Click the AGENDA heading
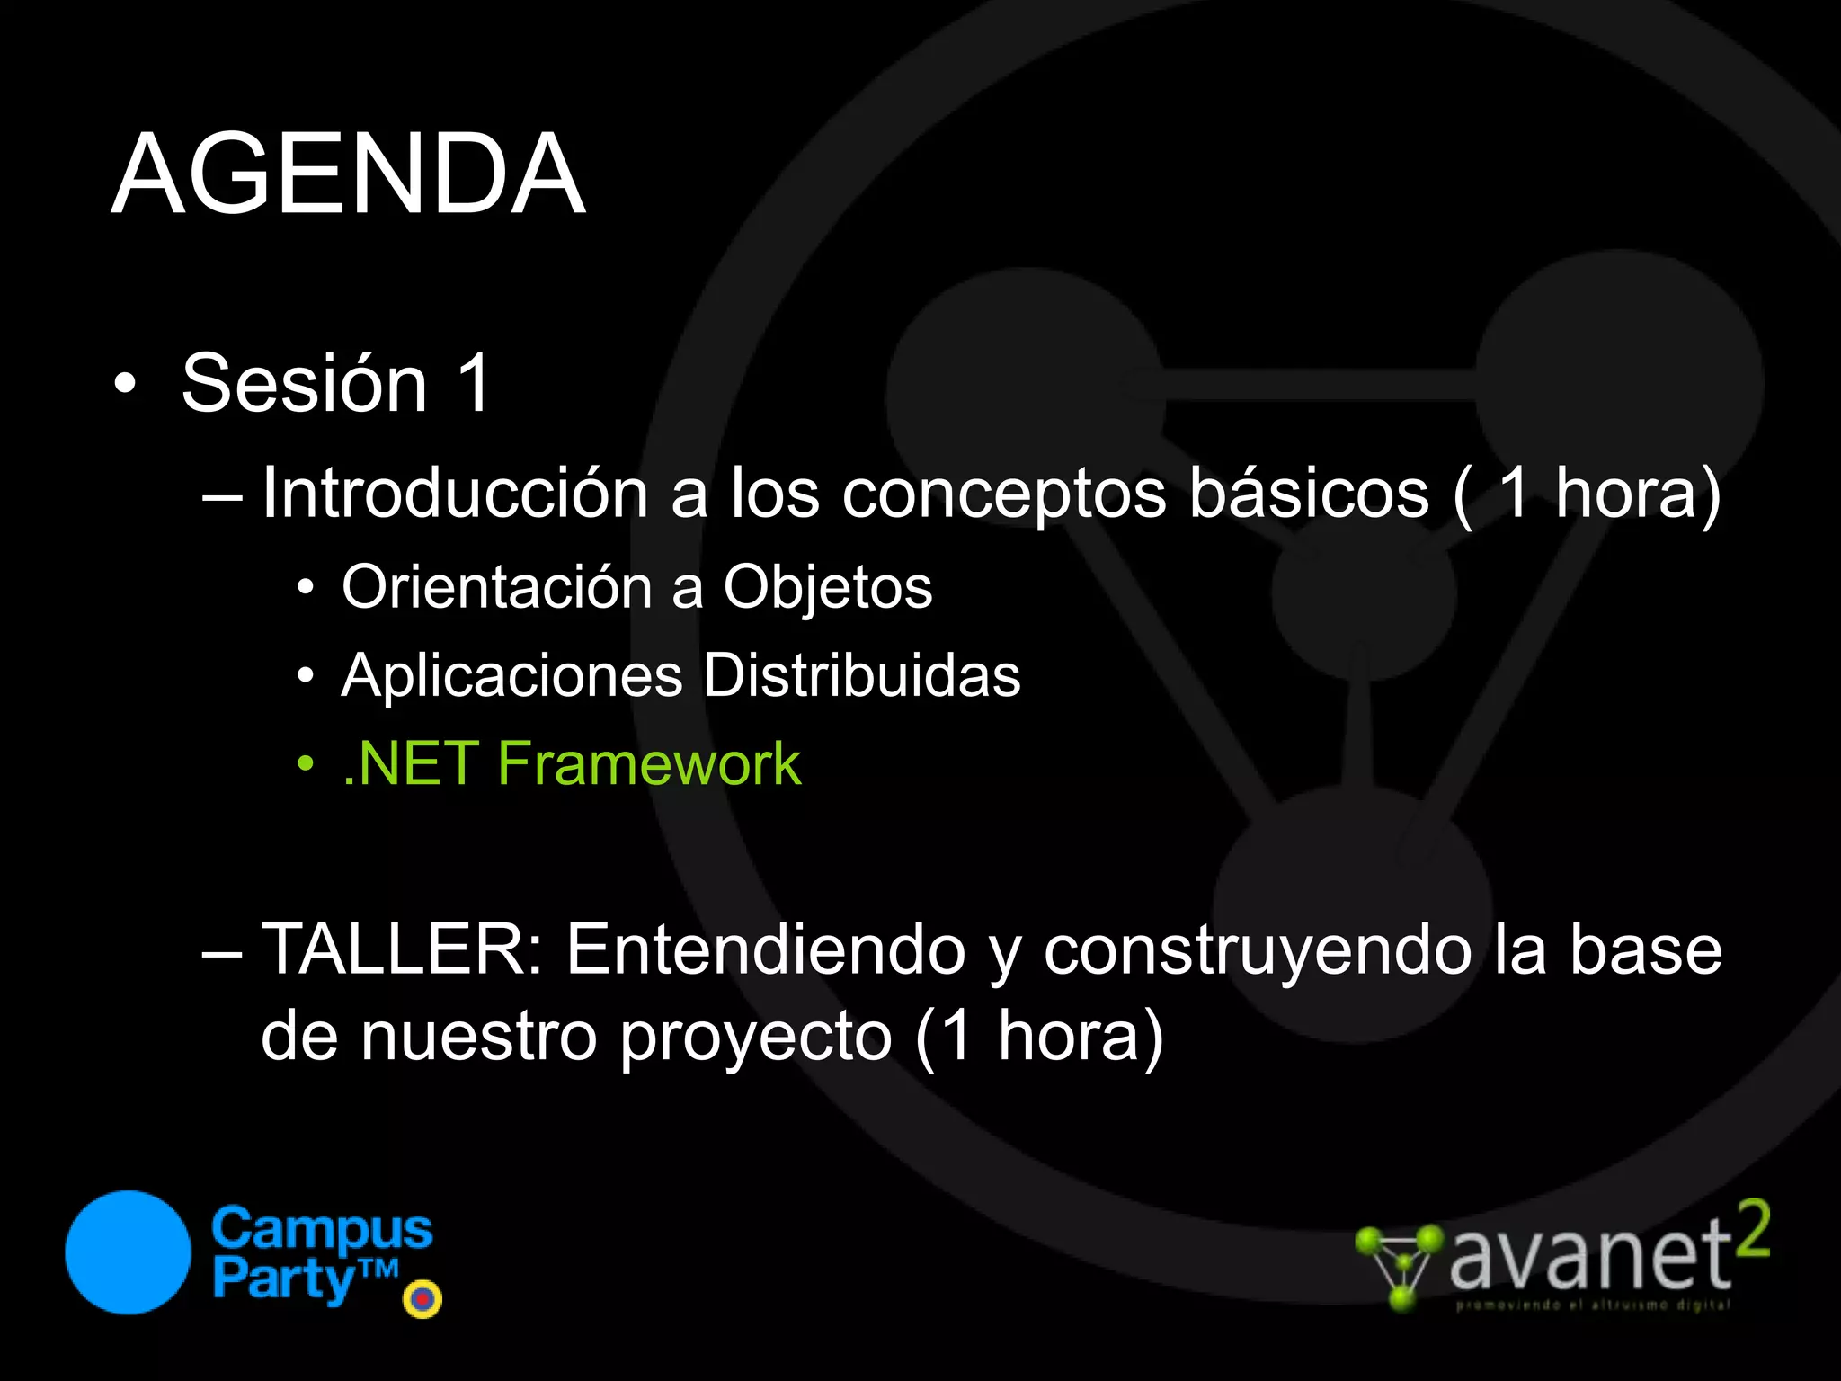pyautogui.click(x=349, y=174)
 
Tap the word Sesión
pyautogui.click(x=305, y=383)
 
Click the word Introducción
pyautogui.click(x=454, y=493)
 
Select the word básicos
pyautogui.click(x=1309, y=493)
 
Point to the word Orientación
pyautogui.click(x=496, y=587)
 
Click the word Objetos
pyautogui.click(x=828, y=587)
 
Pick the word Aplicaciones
pyautogui.click(x=511, y=675)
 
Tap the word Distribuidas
pyautogui.click(x=862, y=675)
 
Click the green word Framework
pyautogui.click(x=649, y=763)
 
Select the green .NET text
pyautogui.click(x=410, y=763)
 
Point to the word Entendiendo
pyautogui.click(x=766, y=949)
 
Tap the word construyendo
pyautogui.click(x=1257, y=949)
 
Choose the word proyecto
pyautogui.click(x=756, y=1037)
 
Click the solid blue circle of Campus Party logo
pyautogui.click(x=129, y=1252)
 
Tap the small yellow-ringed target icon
pyautogui.click(x=422, y=1298)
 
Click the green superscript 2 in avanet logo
pyautogui.click(x=1751, y=1229)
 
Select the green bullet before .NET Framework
pyautogui.click(x=307, y=764)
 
